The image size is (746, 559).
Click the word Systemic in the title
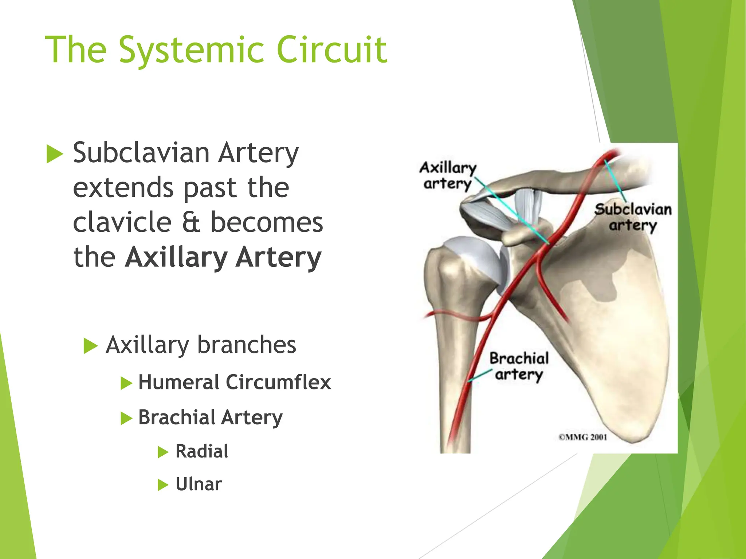(191, 50)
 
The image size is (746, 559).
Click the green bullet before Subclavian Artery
(55, 154)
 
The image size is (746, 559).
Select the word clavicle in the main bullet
(122, 222)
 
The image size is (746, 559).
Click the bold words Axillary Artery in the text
(223, 257)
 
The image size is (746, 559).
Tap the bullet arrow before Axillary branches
(91, 346)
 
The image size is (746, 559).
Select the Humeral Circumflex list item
(234, 382)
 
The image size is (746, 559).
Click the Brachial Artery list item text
(210, 417)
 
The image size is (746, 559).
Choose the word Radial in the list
(202, 451)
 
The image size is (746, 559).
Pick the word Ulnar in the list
(199, 484)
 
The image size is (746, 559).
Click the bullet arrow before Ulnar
(163, 485)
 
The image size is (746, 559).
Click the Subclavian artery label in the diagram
(633, 217)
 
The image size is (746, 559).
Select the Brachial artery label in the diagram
(519, 366)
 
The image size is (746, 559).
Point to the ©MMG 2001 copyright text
(583, 437)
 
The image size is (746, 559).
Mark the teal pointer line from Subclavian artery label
(616, 182)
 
